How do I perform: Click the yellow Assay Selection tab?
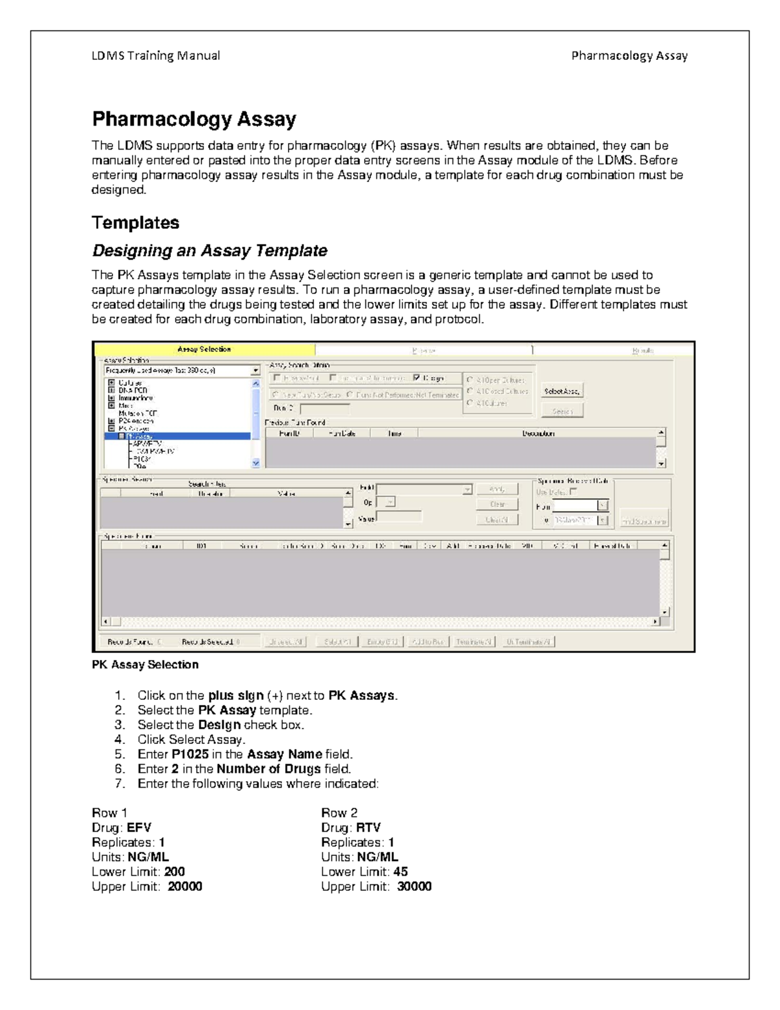pyautogui.click(x=204, y=349)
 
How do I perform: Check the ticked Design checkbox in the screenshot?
pyautogui.click(x=417, y=378)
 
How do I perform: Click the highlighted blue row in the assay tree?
pyautogui.click(x=177, y=436)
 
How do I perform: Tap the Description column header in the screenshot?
pyautogui.click(x=538, y=433)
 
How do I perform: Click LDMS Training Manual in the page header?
pyautogui.click(x=155, y=56)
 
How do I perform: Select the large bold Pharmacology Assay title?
pyautogui.click(x=194, y=119)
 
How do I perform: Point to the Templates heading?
pyautogui.click(x=135, y=222)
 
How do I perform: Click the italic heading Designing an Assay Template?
pyautogui.click(x=209, y=250)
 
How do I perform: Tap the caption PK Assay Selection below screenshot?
pyautogui.click(x=145, y=665)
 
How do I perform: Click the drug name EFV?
pyautogui.click(x=139, y=828)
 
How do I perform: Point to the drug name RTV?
pyautogui.click(x=369, y=828)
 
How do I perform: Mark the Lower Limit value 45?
pyautogui.click(x=400, y=871)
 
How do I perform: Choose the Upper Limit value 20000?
pyautogui.click(x=185, y=886)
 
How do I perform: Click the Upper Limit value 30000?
pyautogui.click(x=414, y=886)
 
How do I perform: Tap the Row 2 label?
pyautogui.click(x=339, y=813)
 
